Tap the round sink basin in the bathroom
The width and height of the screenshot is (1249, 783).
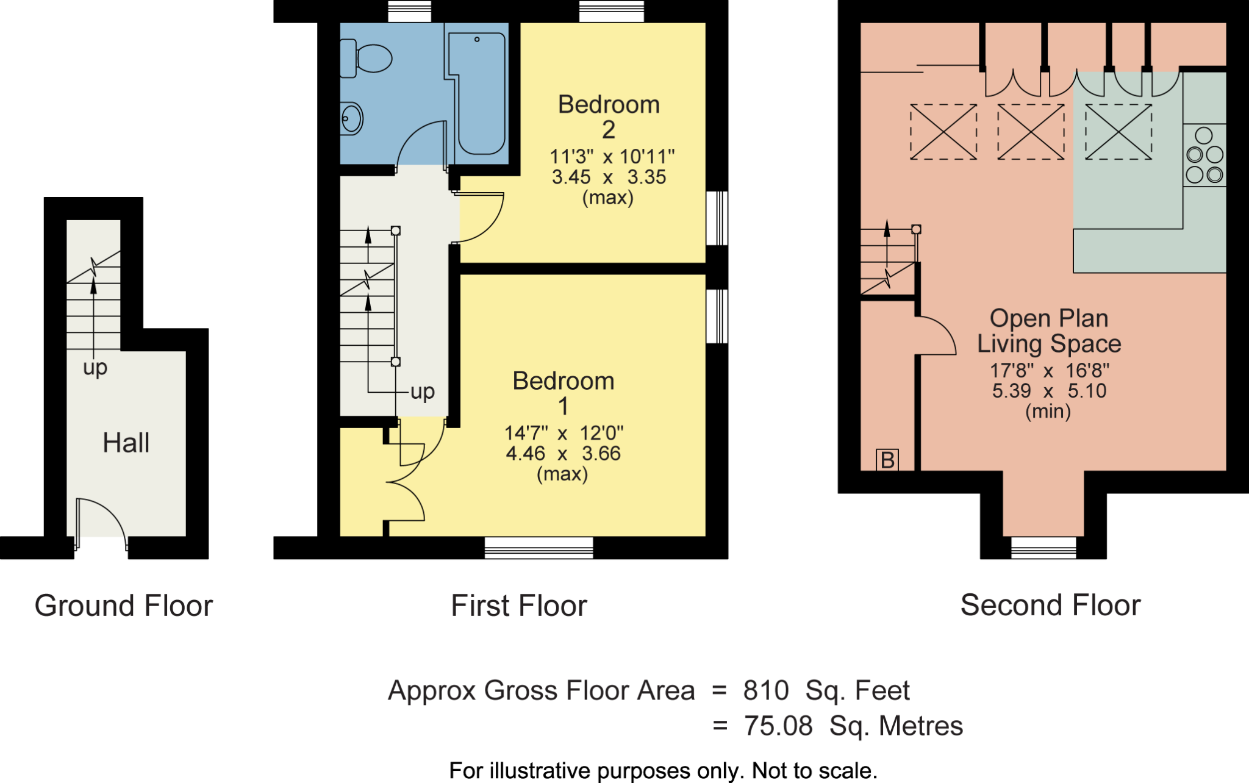pos(351,118)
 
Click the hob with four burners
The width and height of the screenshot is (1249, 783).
pos(1204,155)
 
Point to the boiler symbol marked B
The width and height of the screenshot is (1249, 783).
pos(887,460)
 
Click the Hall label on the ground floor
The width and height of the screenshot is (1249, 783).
pos(126,443)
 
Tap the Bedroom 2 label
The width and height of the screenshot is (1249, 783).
pos(609,116)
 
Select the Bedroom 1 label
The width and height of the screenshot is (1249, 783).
pos(563,393)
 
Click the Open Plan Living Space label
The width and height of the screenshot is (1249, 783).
pos(1049,331)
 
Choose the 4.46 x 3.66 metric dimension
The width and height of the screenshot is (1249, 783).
pos(563,454)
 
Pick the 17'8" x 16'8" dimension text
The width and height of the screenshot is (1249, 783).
pos(1049,370)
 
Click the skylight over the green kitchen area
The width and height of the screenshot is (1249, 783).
pos(1118,132)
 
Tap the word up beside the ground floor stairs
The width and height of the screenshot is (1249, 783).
pos(95,368)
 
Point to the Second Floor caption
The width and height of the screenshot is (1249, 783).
pos(1050,605)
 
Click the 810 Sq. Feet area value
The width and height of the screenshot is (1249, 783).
pos(826,690)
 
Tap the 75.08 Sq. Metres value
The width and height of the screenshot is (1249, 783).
pos(853,726)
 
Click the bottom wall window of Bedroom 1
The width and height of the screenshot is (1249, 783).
pos(539,548)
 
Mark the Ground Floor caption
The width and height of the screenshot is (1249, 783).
pos(124,606)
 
